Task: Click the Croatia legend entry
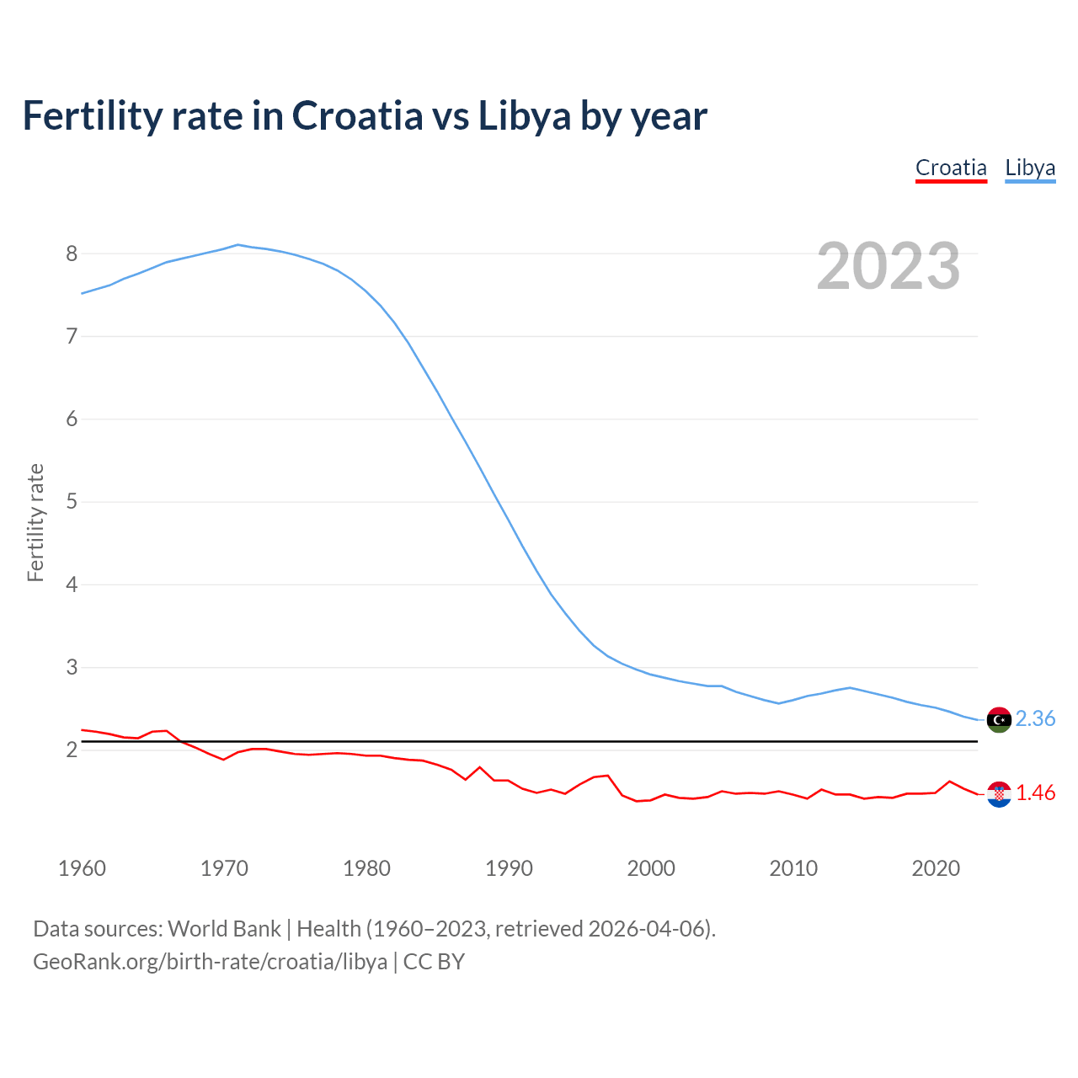point(951,168)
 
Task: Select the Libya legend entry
point(1030,168)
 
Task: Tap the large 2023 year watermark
point(888,266)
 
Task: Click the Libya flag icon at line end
point(999,719)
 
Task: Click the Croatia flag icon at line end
point(999,793)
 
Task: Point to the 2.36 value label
point(1035,718)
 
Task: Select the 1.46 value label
point(1035,792)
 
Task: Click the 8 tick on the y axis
point(72,253)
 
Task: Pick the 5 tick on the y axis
point(72,502)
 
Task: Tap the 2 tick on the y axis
point(72,750)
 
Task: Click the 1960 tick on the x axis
point(82,868)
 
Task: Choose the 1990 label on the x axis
point(509,868)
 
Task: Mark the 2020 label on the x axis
point(936,868)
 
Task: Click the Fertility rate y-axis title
point(35,522)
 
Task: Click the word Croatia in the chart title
point(357,116)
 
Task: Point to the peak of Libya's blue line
point(237,245)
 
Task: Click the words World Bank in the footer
point(224,929)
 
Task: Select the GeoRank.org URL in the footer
point(210,961)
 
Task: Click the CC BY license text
point(434,961)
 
